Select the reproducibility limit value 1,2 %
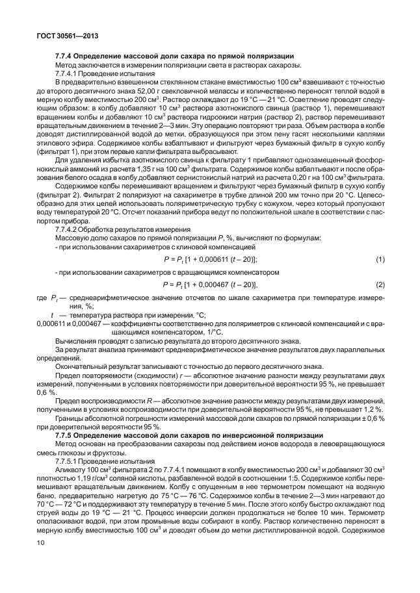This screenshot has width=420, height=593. [x=373, y=410]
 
